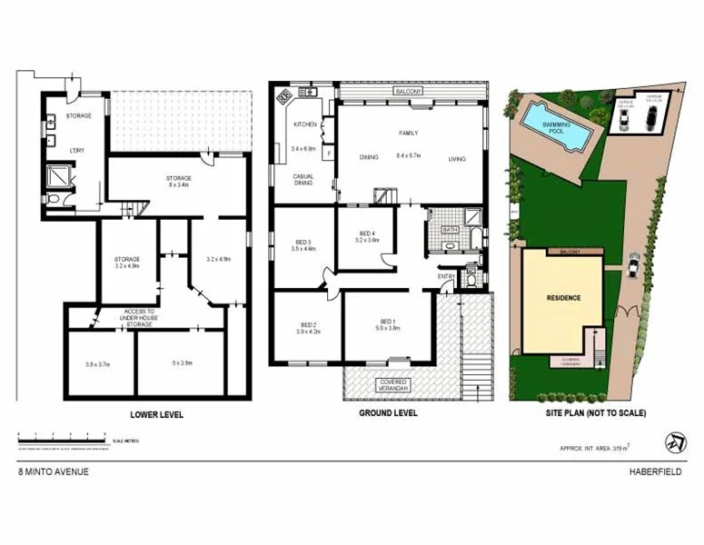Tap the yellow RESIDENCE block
[x=563, y=298]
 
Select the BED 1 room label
[x=388, y=322]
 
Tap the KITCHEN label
[x=302, y=124]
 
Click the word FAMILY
[x=409, y=133]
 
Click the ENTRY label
[x=446, y=276]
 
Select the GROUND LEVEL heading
[x=387, y=414]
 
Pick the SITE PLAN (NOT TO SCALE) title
[x=595, y=413]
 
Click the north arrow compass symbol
[x=675, y=442]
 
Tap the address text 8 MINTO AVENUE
[x=54, y=472]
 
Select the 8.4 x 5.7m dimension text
[x=409, y=156]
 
